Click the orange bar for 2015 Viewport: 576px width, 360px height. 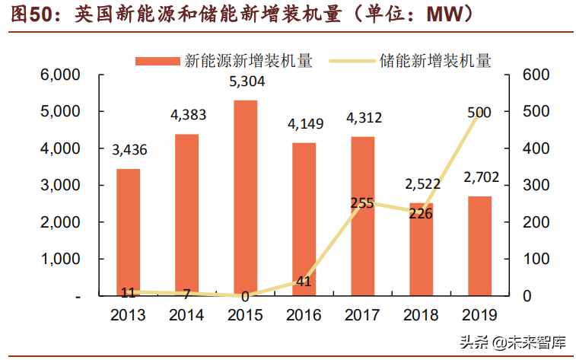pos(245,198)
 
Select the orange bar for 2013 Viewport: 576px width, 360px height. pos(128,232)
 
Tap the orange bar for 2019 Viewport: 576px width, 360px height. pos(479,246)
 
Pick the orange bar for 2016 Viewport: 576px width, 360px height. pos(304,219)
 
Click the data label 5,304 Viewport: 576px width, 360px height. pos(246,83)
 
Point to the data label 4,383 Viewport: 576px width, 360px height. pos(187,116)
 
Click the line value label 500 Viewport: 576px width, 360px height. pos(479,112)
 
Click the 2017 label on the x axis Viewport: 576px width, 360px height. pos(362,314)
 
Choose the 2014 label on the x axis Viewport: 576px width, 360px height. pos(187,314)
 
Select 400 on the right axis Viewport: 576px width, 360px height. pos(536,148)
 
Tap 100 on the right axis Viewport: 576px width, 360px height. pos(536,260)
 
